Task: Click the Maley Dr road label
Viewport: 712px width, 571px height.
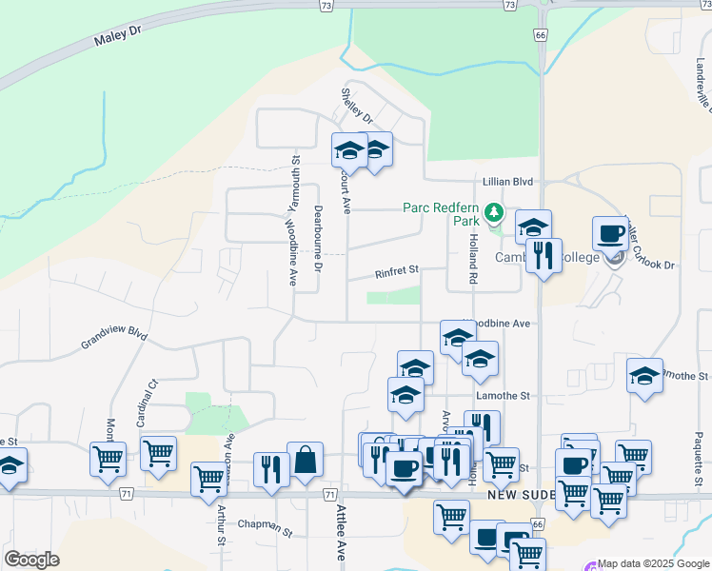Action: [117, 38]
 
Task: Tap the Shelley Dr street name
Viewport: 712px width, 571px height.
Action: [357, 107]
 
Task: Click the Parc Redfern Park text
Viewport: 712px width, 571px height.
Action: [441, 213]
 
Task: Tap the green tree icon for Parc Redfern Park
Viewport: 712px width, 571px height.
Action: [493, 211]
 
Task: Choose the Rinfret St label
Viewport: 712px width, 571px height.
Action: [397, 273]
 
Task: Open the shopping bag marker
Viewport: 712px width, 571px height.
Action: [305, 462]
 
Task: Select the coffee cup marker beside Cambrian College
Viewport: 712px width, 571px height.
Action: [610, 234]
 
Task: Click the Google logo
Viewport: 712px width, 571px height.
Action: [31, 559]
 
